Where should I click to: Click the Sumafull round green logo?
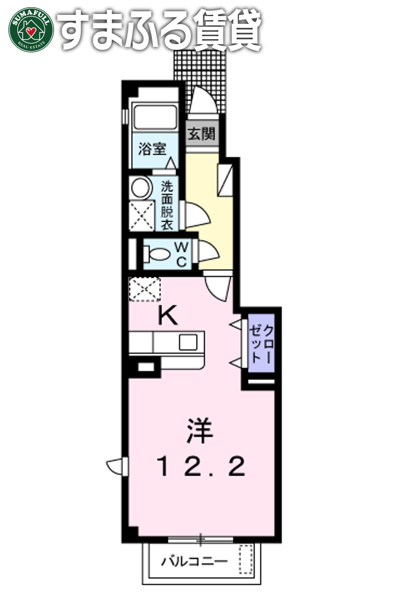(31, 28)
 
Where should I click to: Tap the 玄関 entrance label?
(201, 135)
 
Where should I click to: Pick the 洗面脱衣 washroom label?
(166, 205)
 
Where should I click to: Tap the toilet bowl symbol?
(157, 254)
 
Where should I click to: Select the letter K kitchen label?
(167, 315)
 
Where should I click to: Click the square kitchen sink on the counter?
(187, 342)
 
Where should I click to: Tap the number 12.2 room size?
(200, 467)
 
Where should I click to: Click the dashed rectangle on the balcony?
(247, 560)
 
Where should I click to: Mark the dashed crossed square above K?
(144, 289)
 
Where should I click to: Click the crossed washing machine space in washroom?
(142, 216)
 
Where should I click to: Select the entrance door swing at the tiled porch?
(202, 100)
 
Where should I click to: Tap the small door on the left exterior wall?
(117, 466)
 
